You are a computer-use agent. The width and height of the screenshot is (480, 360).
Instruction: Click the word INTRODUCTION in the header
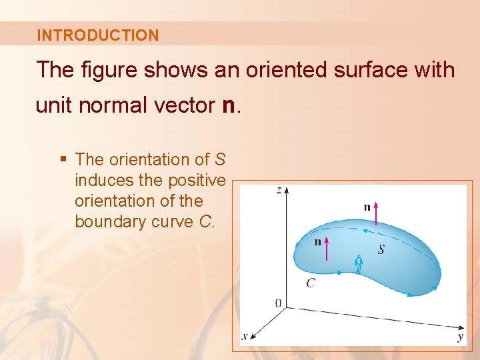(98, 35)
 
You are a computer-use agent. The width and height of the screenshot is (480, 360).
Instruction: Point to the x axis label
(245, 337)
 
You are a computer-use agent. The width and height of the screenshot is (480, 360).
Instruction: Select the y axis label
(461, 337)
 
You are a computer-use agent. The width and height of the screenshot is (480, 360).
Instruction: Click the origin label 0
(278, 304)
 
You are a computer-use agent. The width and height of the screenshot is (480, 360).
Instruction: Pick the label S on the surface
(381, 249)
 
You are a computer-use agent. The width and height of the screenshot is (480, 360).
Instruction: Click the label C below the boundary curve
(311, 283)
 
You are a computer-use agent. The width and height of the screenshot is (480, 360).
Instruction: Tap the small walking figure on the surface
(359, 265)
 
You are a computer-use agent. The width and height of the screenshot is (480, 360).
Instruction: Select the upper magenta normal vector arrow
(377, 213)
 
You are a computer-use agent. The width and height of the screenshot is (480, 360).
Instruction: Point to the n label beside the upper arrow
(367, 207)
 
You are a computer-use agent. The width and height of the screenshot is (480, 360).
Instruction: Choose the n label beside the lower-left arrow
(318, 241)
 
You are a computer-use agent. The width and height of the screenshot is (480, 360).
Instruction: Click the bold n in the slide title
(227, 105)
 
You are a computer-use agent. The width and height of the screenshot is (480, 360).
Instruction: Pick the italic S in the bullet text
(220, 159)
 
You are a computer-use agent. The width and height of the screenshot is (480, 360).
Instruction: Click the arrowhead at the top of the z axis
(287, 190)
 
